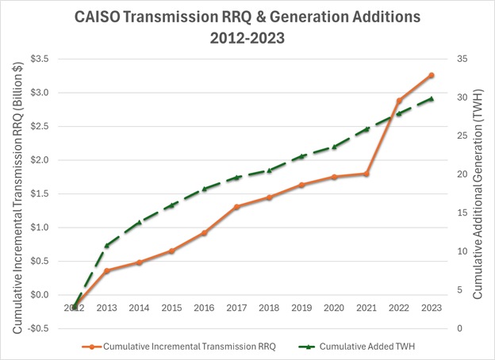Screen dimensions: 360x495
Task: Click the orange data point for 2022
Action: [399, 101]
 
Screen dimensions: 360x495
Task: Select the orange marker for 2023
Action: [432, 75]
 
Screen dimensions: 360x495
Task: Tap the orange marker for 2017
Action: [236, 206]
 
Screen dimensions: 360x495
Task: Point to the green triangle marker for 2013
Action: [106, 246]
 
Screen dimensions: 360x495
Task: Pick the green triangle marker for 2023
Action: [432, 98]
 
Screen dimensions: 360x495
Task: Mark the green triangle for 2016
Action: [204, 189]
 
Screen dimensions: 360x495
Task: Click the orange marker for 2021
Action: [366, 174]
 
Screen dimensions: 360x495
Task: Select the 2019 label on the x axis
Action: [301, 308]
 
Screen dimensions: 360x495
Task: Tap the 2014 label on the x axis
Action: [139, 308]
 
